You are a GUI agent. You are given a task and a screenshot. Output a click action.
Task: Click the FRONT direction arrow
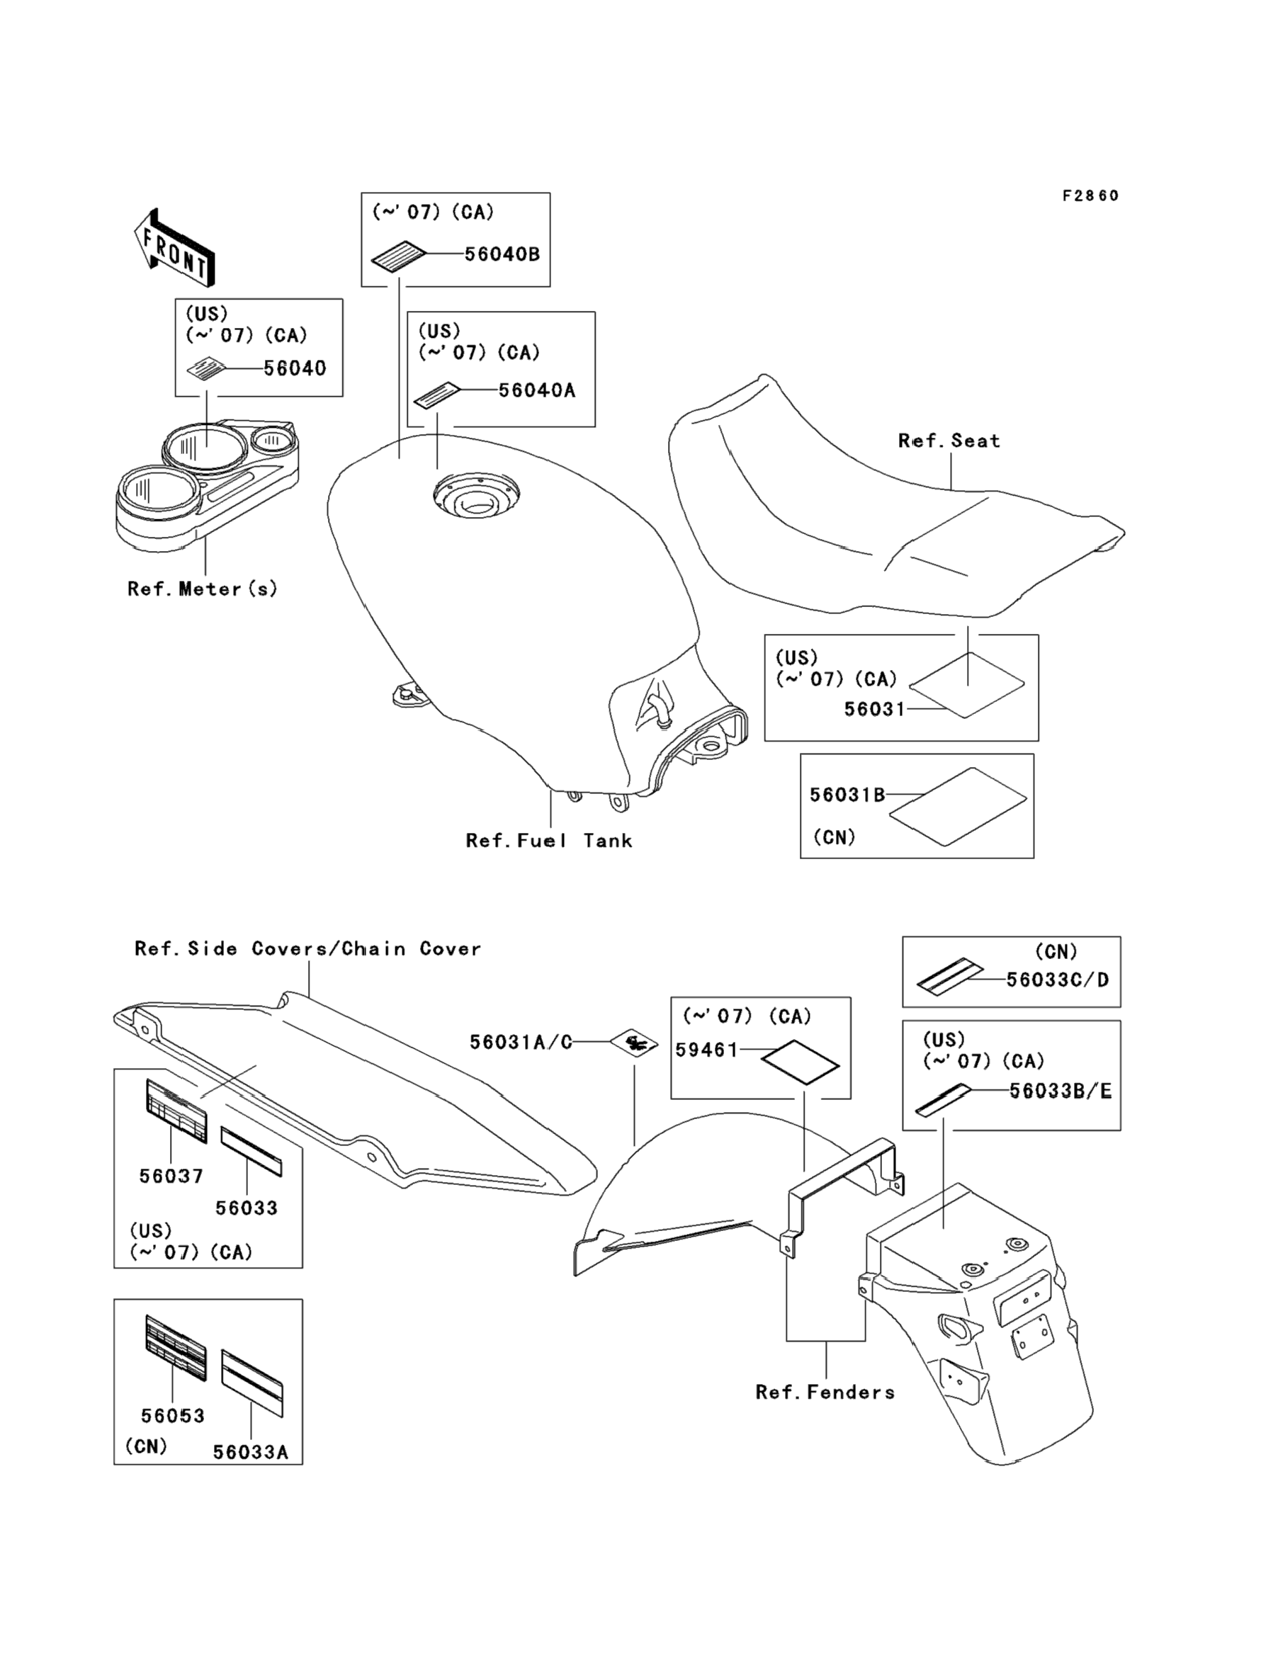(x=174, y=247)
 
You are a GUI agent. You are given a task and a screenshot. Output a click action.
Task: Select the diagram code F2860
(x=1090, y=196)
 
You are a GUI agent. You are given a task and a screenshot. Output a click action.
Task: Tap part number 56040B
(x=502, y=254)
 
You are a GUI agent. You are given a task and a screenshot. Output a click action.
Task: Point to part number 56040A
(x=536, y=390)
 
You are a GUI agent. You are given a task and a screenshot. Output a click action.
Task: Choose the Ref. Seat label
(x=949, y=441)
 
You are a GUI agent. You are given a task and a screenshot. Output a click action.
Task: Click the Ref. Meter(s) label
(x=203, y=589)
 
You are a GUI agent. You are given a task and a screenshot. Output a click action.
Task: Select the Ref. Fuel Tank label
(x=548, y=840)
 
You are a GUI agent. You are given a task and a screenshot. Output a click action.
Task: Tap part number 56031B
(x=847, y=795)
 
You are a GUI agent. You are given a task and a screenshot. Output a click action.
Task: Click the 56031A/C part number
(x=520, y=1042)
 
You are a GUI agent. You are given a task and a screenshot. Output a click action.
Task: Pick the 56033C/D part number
(x=1057, y=980)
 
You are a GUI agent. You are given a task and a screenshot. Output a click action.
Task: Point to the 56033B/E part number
(x=1060, y=1091)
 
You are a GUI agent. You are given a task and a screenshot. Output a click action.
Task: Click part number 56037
(x=171, y=1176)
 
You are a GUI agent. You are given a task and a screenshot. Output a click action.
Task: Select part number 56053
(x=173, y=1416)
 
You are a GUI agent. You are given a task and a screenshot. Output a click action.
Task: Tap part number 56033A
(x=250, y=1453)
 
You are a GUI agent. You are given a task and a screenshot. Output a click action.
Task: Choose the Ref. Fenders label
(x=825, y=1393)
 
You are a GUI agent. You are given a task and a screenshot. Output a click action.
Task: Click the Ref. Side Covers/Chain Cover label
(x=307, y=948)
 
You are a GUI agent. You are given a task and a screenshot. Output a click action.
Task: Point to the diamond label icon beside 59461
(x=801, y=1062)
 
